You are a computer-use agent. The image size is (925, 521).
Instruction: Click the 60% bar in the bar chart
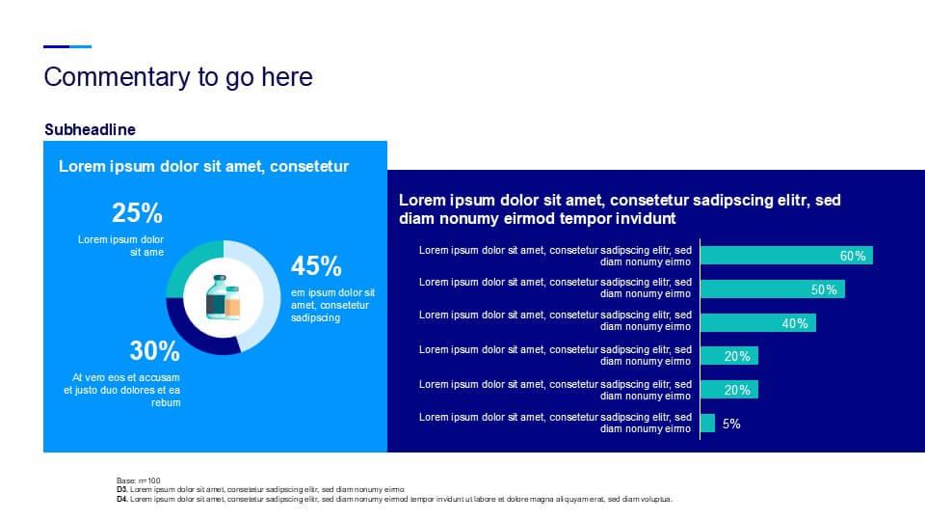pyautogui.click(x=786, y=255)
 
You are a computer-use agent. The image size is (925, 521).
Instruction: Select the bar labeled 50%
pyautogui.click(x=773, y=288)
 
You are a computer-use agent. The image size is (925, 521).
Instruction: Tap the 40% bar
pyautogui.click(x=758, y=322)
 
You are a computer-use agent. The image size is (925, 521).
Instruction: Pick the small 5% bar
pyautogui.click(x=708, y=423)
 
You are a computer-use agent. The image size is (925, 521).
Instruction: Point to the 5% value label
pyautogui.click(x=731, y=424)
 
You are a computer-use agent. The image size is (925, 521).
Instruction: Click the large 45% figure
pyautogui.click(x=316, y=266)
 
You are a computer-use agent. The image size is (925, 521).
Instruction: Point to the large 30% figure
pyautogui.click(x=154, y=351)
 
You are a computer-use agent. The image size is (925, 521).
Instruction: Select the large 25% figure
pyautogui.click(x=137, y=212)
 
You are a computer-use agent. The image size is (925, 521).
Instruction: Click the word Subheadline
pyautogui.click(x=90, y=129)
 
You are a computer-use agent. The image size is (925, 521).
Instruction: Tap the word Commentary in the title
pyautogui.click(x=117, y=77)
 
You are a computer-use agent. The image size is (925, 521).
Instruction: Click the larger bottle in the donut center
pyautogui.click(x=217, y=297)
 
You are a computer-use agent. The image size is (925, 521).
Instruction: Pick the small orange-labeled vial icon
pyautogui.click(x=233, y=302)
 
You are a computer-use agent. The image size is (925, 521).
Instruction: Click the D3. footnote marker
pyautogui.click(x=122, y=490)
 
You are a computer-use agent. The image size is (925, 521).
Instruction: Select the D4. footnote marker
pyautogui.click(x=122, y=499)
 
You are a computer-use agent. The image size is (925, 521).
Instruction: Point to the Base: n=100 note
pyautogui.click(x=139, y=480)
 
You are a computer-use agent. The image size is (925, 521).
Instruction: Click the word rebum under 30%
pyautogui.click(x=166, y=403)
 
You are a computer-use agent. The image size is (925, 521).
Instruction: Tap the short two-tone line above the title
pyautogui.click(x=67, y=46)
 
